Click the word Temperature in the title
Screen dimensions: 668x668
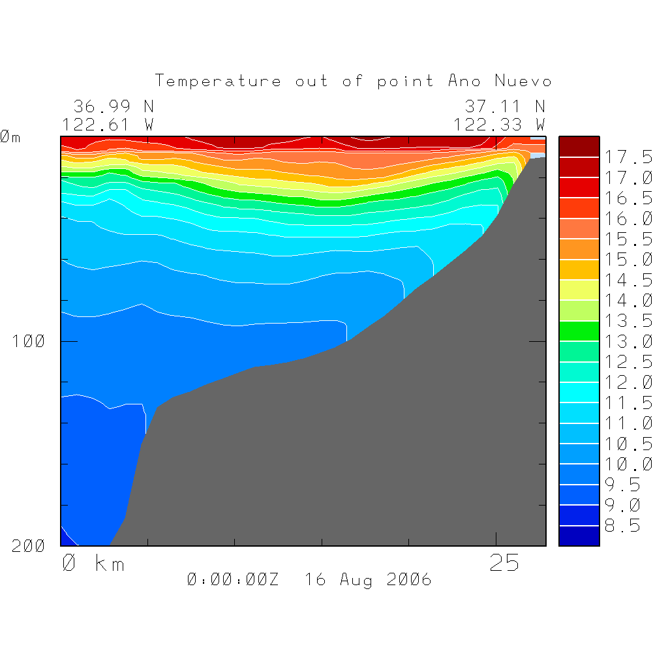point(219,82)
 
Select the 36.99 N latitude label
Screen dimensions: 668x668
point(113,106)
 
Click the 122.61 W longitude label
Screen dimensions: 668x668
point(108,125)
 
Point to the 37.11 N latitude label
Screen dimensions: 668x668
point(504,106)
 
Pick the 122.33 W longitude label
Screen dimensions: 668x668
point(499,125)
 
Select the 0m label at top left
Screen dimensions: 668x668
point(10,138)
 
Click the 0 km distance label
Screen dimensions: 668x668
point(93,564)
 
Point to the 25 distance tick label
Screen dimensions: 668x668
point(504,564)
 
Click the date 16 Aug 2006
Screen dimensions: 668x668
point(368,579)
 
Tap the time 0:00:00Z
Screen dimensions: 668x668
point(233,579)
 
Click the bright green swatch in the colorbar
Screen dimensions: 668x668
point(579,331)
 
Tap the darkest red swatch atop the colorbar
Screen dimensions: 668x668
point(579,146)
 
